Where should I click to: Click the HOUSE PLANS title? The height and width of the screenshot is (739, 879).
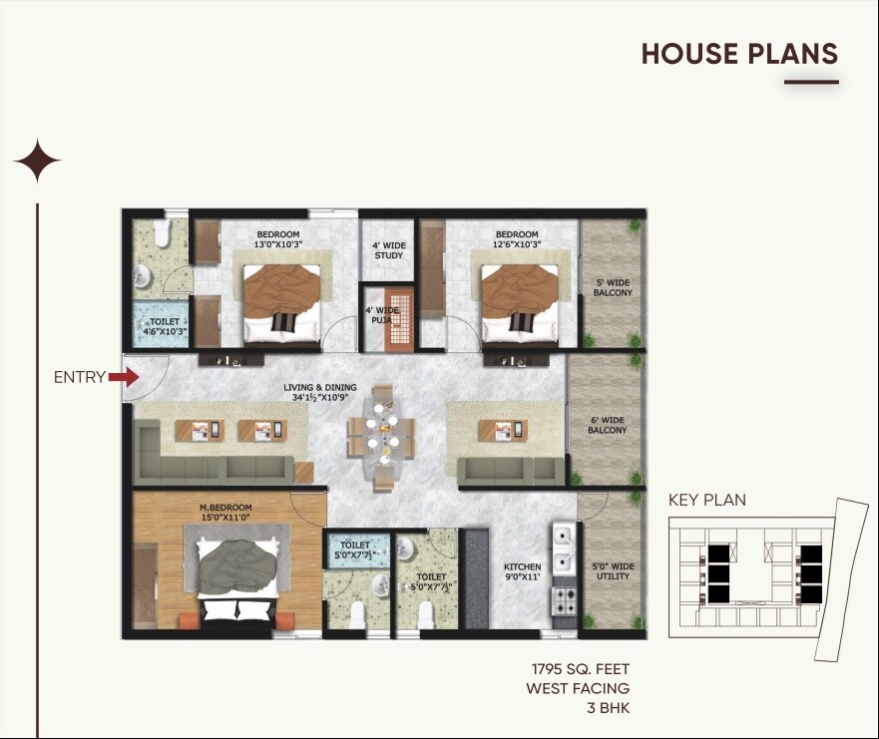[738, 54]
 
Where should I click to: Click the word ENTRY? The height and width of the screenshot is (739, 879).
[79, 377]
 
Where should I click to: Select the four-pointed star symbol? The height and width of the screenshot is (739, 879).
[37, 161]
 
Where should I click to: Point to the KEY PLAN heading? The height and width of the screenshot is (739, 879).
[706, 501]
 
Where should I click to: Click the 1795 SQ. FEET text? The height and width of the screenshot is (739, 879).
[580, 668]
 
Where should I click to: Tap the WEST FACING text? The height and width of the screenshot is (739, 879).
[578, 688]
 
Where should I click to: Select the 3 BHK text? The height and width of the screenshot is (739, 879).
[607, 709]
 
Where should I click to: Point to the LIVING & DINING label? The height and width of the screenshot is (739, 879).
[319, 392]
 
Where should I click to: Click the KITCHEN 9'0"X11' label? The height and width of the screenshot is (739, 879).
[522, 571]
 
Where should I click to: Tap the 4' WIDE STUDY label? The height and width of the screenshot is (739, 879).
[388, 250]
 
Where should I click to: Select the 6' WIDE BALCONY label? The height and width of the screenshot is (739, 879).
[609, 425]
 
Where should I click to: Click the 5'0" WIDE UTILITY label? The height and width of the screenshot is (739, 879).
[612, 571]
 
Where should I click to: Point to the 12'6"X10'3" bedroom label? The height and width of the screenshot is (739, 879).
[517, 239]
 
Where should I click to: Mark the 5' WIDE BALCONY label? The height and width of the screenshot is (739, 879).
[612, 287]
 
